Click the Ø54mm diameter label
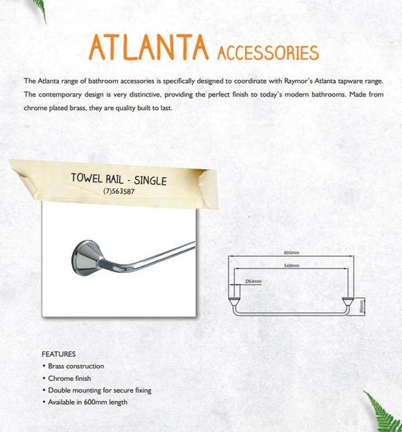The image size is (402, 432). (254, 281)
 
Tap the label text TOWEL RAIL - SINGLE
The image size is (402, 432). (119, 179)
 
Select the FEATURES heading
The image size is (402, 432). (59, 354)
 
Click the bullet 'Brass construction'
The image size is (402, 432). (76, 366)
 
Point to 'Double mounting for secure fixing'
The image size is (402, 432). (99, 390)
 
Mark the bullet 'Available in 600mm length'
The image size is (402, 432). (87, 402)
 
